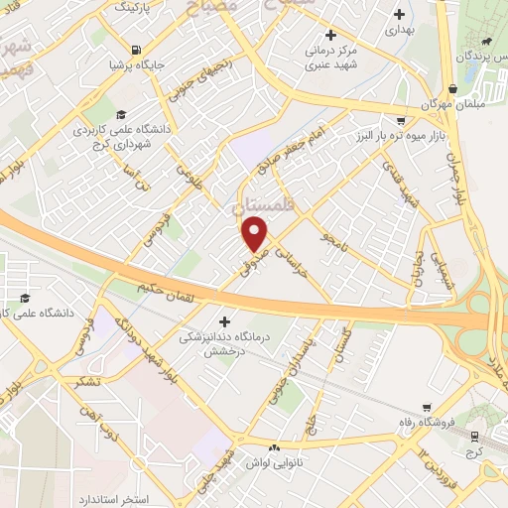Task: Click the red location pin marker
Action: tap(256, 234)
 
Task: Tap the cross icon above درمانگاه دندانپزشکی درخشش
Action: tap(225, 320)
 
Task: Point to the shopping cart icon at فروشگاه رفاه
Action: tap(427, 408)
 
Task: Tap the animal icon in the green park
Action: tap(486, 44)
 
